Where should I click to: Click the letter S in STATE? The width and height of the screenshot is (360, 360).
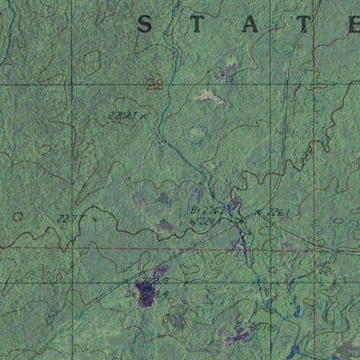click(x=144, y=24)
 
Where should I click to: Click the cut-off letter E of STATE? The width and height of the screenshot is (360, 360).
click(x=352, y=24)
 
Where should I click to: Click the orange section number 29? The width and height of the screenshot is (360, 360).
click(x=156, y=85)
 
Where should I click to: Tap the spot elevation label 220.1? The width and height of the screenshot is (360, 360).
click(x=121, y=115)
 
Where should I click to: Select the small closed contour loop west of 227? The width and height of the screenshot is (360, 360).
click(x=17, y=217)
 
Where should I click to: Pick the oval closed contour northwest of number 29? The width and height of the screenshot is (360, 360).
click(x=92, y=61)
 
